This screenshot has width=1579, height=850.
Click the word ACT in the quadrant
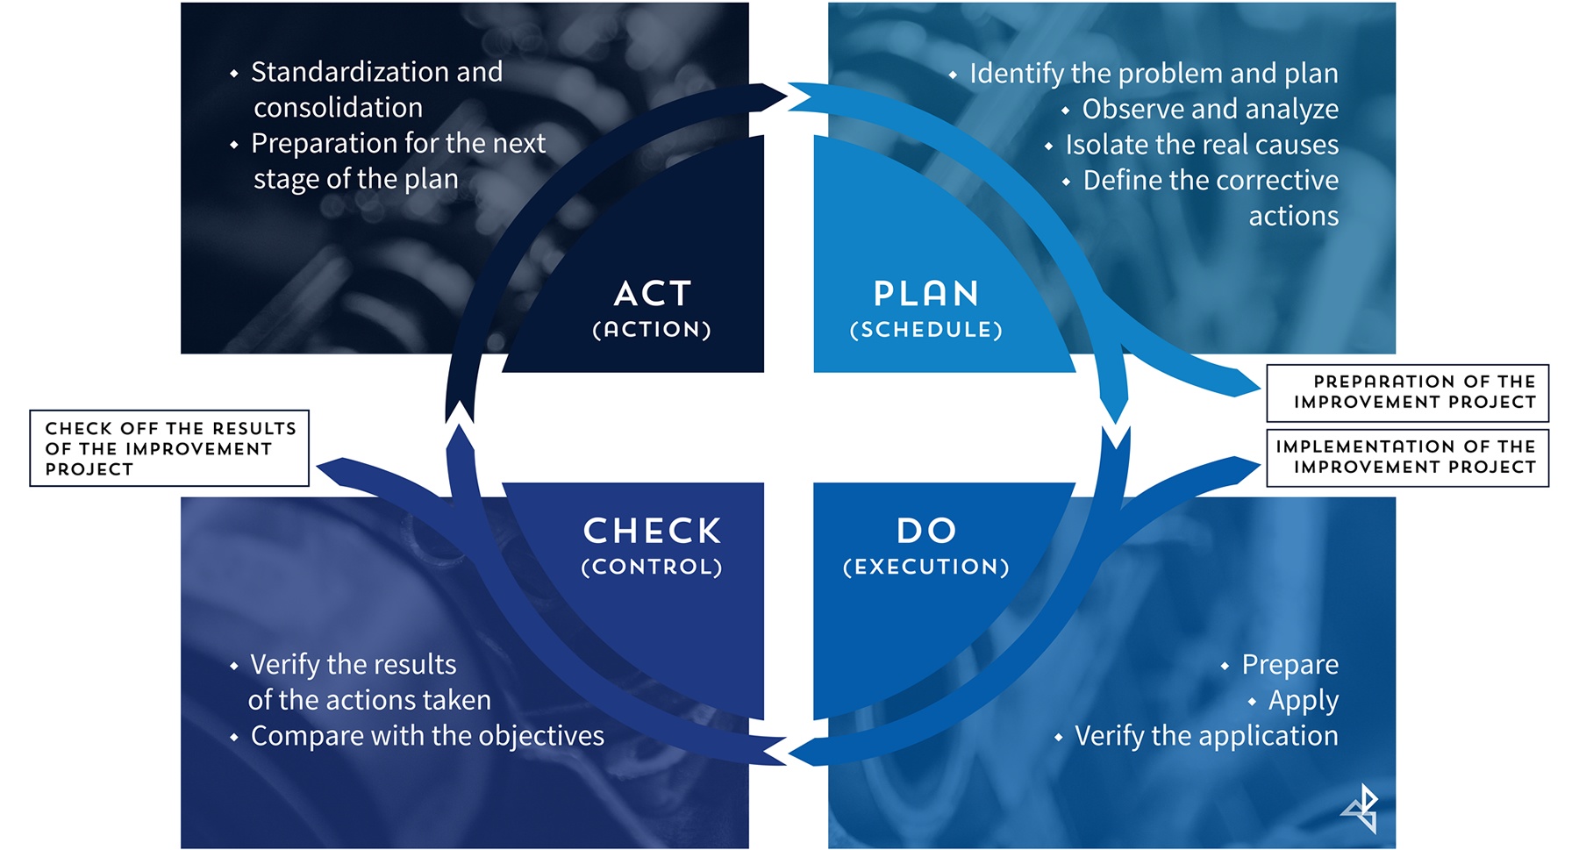point(653,294)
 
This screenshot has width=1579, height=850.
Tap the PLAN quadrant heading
point(926,294)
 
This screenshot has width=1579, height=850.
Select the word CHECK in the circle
point(652,531)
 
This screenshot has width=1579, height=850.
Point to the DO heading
point(926,530)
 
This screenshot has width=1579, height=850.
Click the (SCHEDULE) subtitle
point(926,330)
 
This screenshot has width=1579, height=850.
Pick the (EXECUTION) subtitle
point(926,567)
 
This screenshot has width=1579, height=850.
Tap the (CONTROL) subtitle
point(652,567)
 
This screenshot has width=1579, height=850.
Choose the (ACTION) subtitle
point(652,330)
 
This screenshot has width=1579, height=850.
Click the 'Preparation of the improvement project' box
point(1408,392)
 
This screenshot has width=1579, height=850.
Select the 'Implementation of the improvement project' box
point(1408,457)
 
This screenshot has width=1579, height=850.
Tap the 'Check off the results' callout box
point(169,448)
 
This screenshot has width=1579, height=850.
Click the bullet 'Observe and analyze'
point(1210,109)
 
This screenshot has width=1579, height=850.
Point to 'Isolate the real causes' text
point(1202,145)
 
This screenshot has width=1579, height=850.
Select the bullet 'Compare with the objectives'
point(427,735)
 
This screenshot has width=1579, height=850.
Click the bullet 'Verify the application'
point(1206,735)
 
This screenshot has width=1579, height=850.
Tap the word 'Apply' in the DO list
point(1303,700)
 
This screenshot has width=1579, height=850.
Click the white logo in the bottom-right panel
point(1361,808)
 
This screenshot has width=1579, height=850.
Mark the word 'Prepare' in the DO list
point(1290,664)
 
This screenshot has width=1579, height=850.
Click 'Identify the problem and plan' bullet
point(1154,74)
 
